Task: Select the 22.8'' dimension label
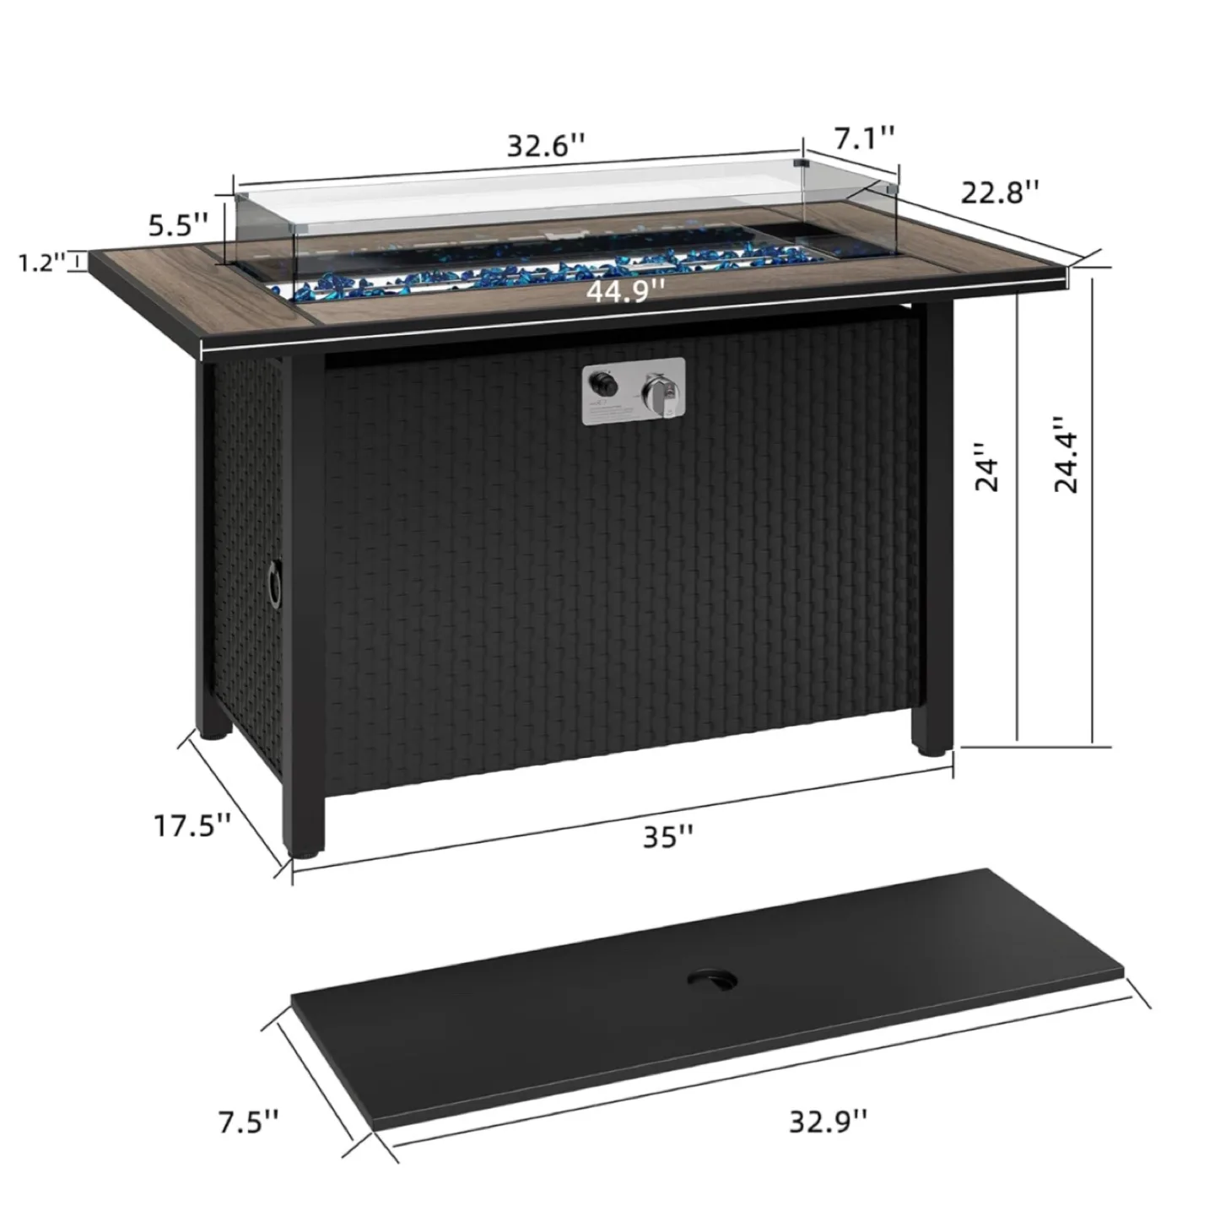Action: click(1001, 192)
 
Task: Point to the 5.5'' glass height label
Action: click(178, 225)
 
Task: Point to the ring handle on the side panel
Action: click(274, 581)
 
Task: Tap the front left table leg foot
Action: click(306, 848)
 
